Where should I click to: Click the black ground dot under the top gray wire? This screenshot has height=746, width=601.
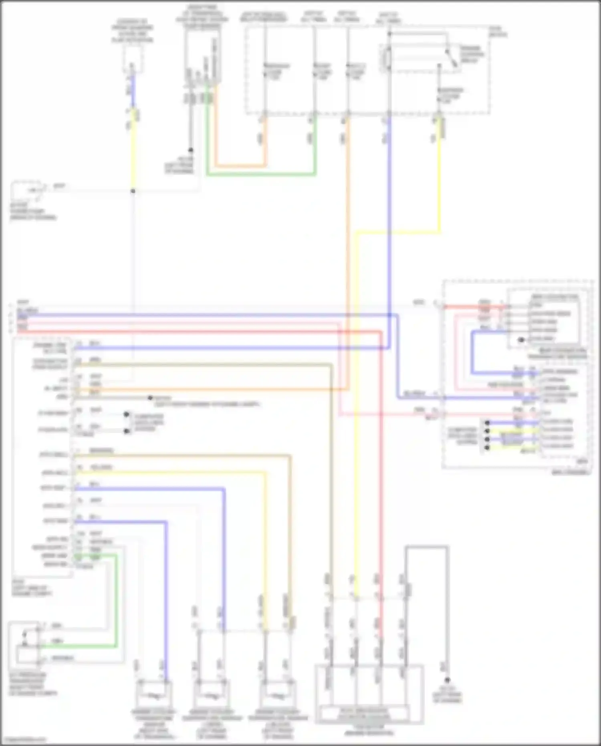point(191,150)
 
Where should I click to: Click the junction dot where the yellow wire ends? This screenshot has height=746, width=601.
point(133,191)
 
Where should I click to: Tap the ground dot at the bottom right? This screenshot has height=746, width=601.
point(447,680)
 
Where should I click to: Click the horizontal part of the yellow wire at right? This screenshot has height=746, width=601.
point(399,232)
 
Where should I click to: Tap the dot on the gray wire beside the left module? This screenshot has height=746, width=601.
point(150,398)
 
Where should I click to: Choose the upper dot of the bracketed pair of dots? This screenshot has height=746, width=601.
point(127,414)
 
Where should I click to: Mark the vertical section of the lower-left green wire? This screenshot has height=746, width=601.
point(117,601)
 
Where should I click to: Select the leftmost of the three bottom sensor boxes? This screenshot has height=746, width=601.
point(154,694)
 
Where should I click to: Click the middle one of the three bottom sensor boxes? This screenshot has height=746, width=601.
point(211,694)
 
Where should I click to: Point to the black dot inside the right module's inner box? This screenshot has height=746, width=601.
point(521,340)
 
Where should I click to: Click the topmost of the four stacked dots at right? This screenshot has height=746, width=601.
point(487,423)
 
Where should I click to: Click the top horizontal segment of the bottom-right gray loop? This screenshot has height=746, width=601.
point(427,547)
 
